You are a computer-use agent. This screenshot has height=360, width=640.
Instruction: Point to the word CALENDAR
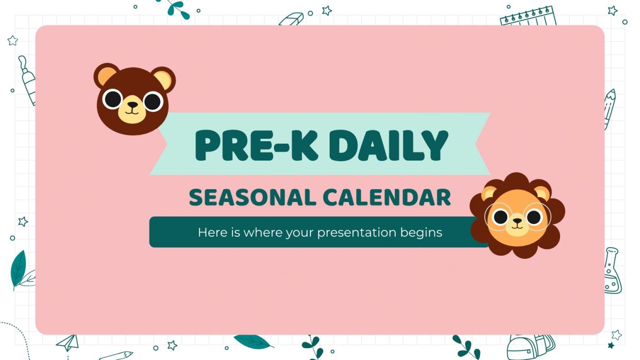[387, 198]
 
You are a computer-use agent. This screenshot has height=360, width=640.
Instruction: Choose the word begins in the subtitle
[422, 233]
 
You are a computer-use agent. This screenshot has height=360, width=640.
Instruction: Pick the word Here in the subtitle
[209, 233]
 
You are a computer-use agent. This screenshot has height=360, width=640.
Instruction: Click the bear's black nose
[133, 104]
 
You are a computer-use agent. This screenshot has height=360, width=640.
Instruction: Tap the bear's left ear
[105, 76]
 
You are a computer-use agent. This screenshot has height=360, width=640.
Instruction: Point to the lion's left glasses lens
[500, 216]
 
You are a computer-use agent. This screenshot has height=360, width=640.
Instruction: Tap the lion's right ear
[542, 194]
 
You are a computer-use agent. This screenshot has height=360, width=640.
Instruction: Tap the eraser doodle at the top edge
[292, 20]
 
